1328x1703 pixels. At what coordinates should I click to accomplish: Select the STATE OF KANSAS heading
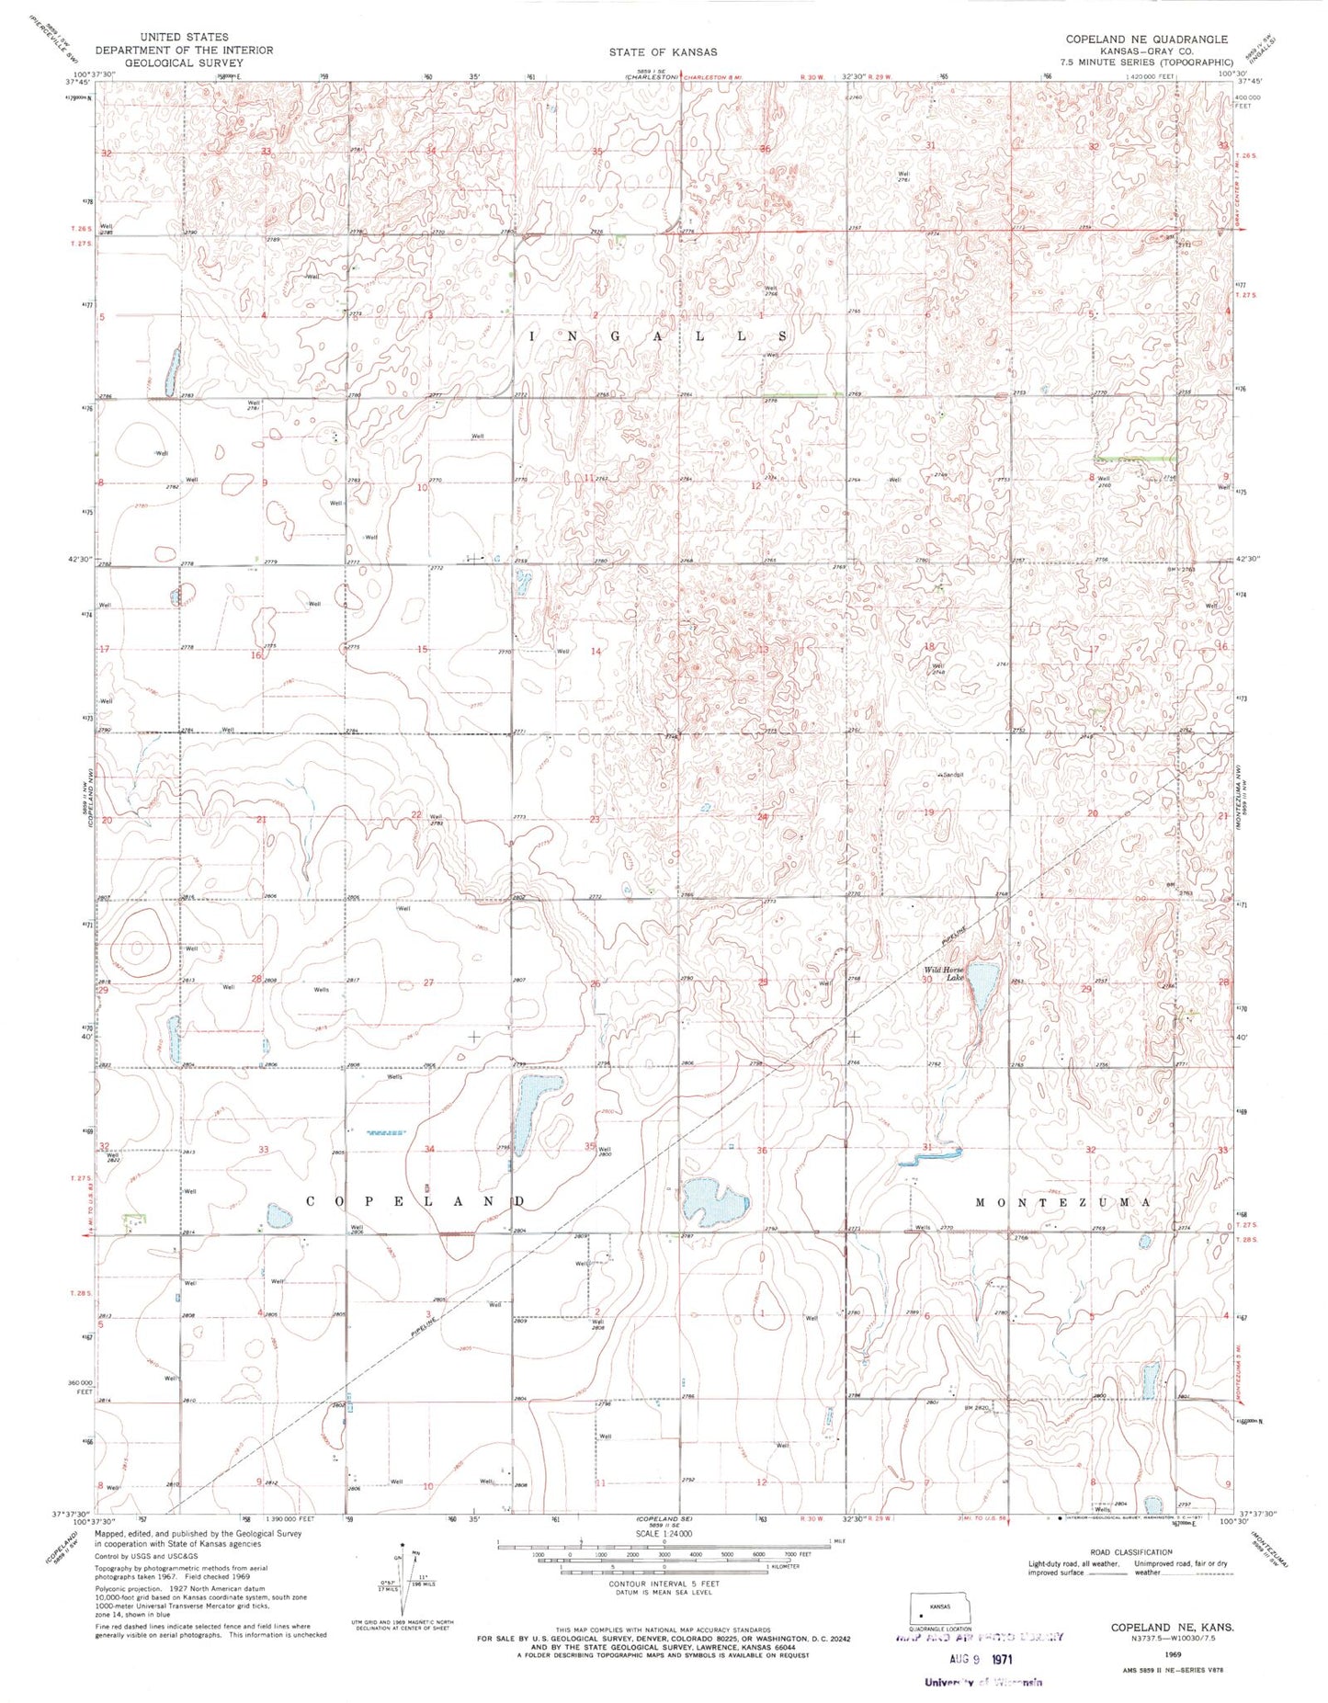663,52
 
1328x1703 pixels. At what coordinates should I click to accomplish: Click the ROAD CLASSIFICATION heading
1128,1551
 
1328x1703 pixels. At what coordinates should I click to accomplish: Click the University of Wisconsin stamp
983,1682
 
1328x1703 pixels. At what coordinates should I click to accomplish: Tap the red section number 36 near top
765,148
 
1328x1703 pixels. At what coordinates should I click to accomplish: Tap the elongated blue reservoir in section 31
930,1155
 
